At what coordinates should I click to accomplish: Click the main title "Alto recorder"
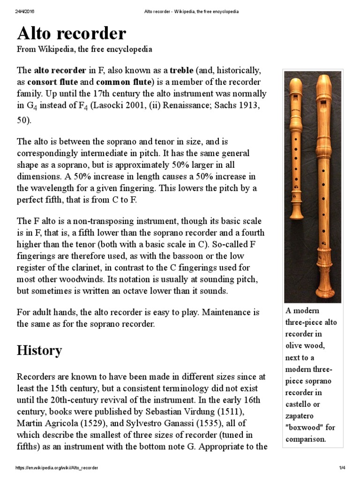point(71,33)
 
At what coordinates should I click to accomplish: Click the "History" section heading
point(39,350)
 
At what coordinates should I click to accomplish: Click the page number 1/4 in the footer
point(342,468)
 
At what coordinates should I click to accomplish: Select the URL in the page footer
point(57,468)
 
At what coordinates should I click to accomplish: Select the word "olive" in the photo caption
point(295,346)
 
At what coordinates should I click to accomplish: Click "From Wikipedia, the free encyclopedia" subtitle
point(84,49)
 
